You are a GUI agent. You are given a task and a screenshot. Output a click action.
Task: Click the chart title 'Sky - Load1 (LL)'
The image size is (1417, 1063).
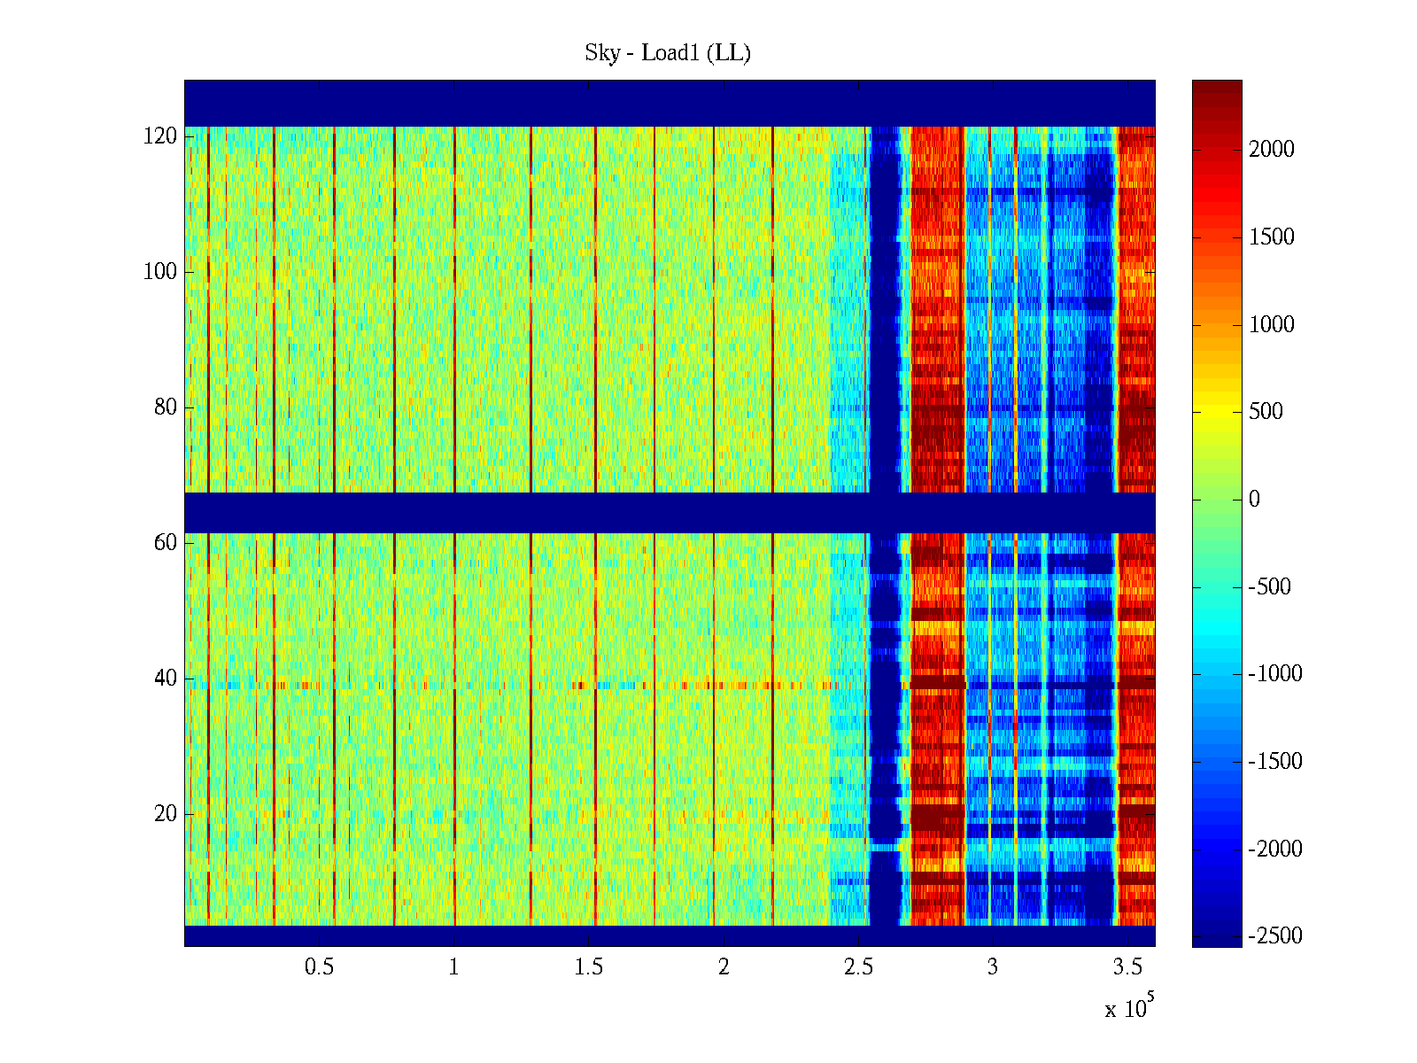pos(668,53)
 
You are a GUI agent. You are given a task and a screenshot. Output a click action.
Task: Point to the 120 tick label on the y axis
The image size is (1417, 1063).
pos(160,136)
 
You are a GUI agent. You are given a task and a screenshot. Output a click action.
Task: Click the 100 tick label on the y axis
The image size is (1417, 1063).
pos(160,272)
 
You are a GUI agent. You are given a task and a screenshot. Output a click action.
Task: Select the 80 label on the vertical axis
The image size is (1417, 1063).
pos(166,407)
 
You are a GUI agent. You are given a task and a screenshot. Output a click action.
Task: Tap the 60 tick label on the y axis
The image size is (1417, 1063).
pos(166,543)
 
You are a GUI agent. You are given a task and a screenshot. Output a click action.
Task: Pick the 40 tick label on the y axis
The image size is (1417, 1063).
pos(166,679)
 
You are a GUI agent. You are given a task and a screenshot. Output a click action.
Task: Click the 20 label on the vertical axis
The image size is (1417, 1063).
pos(166,814)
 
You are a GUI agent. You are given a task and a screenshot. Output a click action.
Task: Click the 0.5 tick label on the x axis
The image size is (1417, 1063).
pos(319,967)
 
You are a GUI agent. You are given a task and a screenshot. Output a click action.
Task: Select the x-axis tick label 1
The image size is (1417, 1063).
pos(454,967)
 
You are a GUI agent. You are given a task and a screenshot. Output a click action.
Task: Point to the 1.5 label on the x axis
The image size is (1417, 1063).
pos(589,967)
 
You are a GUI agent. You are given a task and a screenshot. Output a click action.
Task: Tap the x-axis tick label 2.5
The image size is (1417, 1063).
pos(858,967)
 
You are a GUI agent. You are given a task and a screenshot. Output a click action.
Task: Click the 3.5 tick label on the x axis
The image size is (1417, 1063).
pos(1127,967)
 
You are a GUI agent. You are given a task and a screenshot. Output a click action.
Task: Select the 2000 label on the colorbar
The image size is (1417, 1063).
pos(1272,150)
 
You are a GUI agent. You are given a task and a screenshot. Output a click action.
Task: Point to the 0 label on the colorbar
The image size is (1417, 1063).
pos(1254,500)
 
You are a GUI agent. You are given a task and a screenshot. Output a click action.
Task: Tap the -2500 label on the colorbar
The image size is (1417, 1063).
pos(1275,936)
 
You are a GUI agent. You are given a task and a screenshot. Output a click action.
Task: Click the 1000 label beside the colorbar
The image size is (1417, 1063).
pos(1272,325)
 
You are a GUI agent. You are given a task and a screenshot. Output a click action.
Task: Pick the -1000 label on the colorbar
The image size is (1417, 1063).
pos(1275,674)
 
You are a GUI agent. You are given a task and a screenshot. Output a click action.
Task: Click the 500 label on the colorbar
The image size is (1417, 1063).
pos(1266,412)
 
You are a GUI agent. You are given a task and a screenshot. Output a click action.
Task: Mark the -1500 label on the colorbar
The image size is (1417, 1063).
pos(1275,762)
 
